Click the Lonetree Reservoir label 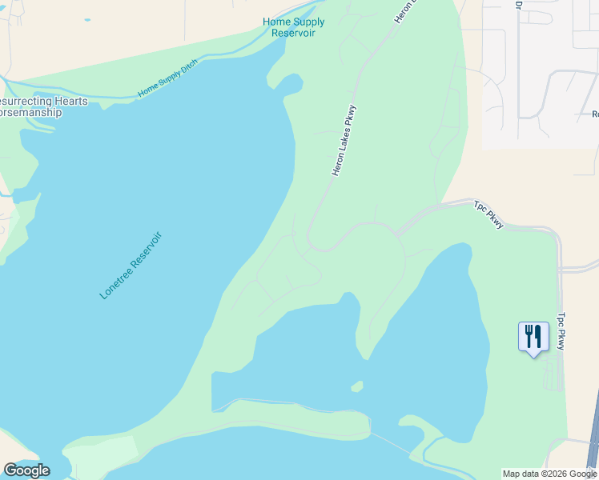(x=131, y=266)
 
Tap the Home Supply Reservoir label (x=288, y=27)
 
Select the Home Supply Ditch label (x=167, y=81)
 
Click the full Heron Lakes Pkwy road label (x=344, y=141)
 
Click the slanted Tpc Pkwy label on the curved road (x=488, y=214)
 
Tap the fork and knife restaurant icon (x=533, y=337)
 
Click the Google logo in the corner (x=26, y=470)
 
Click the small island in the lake (x=357, y=386)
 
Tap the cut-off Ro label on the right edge (x=594, y=114)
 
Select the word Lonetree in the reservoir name (x=116, y=281)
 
